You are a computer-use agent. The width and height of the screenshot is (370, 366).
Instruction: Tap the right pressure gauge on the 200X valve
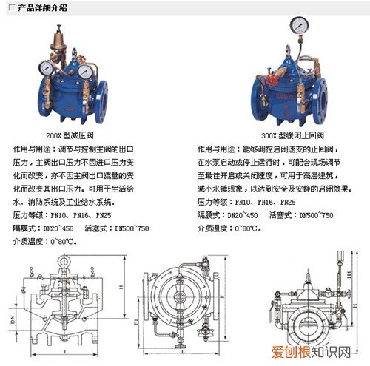[87, 72]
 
